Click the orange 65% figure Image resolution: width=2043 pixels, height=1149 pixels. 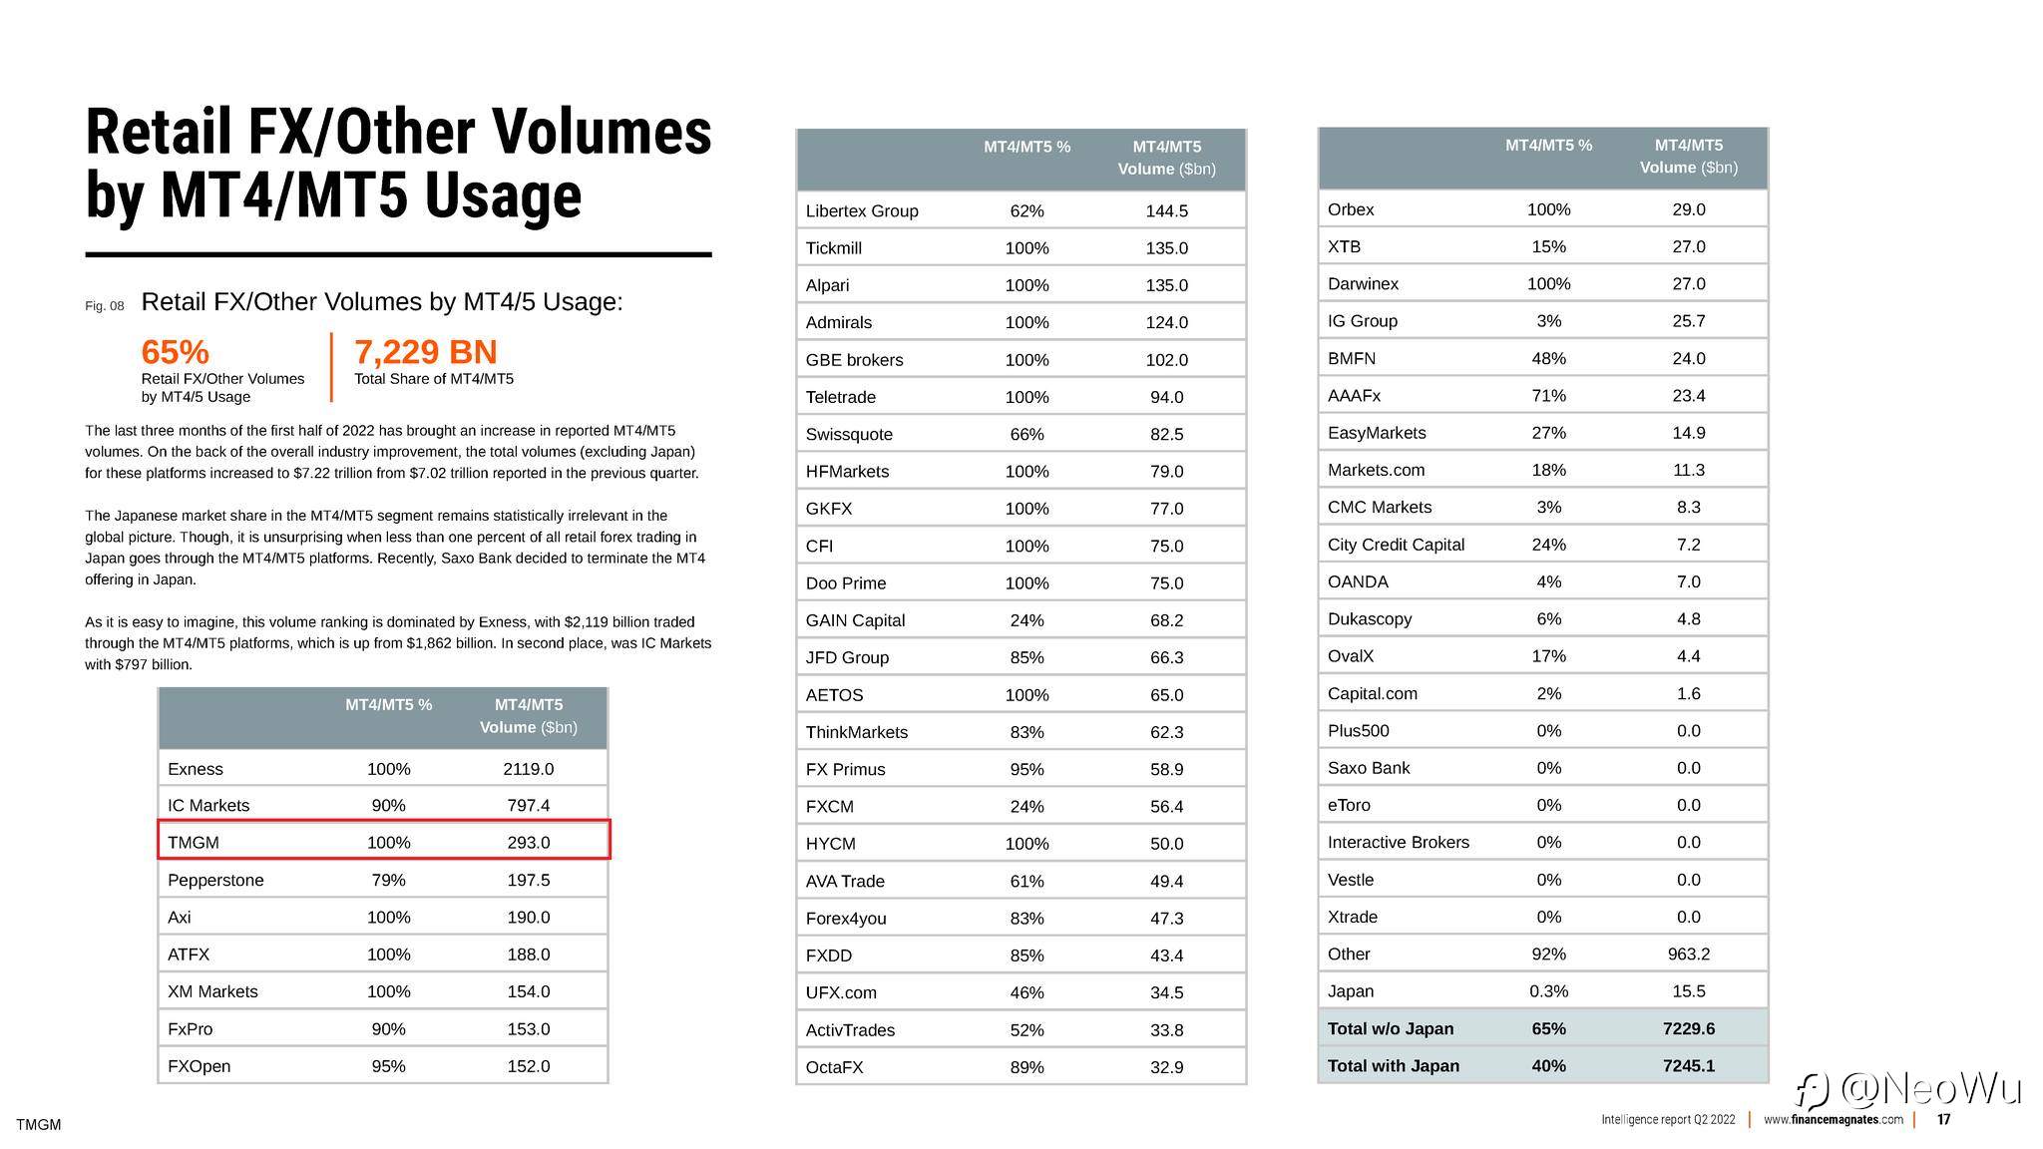point(176,352)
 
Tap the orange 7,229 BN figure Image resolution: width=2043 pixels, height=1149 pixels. point(425,352)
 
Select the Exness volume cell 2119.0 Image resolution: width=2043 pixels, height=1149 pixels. point(528,769)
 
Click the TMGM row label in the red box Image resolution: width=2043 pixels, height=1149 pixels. point(194,843)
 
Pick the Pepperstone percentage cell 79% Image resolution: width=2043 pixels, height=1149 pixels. point(388,880)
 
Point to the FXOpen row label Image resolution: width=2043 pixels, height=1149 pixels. point(199,1066)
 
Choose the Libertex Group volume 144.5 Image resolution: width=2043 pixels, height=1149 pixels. point(1166,210)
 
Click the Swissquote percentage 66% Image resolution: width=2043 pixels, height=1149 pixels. point(1026,434)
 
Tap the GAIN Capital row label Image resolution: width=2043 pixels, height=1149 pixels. point(855,620)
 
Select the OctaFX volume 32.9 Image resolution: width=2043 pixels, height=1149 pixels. point(1166,1067)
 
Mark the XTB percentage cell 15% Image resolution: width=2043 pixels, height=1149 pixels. point(1548,246)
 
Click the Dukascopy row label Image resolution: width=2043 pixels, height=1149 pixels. point(1369,618)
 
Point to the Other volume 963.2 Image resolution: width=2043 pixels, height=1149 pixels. point(1688,954)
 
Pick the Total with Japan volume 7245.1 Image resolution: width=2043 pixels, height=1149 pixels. point(1688,1065)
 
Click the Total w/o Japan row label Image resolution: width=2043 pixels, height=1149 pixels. point(1390,1028)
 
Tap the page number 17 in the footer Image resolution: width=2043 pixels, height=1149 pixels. point(1943,1120)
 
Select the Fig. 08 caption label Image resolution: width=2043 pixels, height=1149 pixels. point(105,306)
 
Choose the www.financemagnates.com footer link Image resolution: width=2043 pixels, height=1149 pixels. point(1833,1120)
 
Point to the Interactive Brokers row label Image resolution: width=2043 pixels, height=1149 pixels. point(1398,842)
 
